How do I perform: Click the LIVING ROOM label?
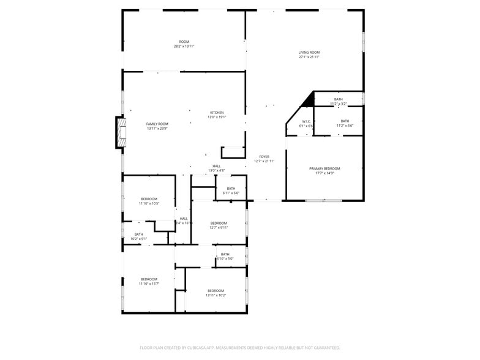309,53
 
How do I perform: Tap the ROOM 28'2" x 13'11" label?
184,42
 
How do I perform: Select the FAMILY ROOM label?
157,124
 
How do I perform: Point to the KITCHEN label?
217,113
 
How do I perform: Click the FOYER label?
264,157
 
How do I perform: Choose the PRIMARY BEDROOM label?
324,168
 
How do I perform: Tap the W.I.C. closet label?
307,121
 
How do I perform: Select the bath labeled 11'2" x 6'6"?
345,121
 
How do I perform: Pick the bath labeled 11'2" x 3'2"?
338,99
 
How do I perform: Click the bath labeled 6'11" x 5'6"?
231,189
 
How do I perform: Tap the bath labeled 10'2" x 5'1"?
138,234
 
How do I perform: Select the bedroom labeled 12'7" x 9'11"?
219,223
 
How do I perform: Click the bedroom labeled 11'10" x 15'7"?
149,279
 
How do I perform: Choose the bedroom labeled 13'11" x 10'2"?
216,290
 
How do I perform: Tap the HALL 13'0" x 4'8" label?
217,166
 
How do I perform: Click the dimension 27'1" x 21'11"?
309,57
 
